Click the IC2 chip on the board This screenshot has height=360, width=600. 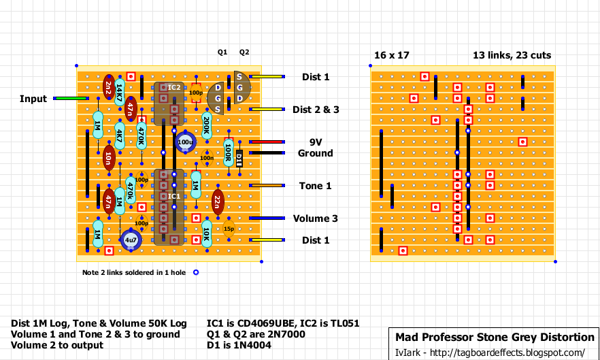[168, 103]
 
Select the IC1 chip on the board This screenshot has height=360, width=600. [168, 207]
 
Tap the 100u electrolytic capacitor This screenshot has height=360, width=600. [185, 142]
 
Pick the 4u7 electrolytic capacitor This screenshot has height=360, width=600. [130, 240]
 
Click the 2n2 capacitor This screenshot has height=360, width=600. [108, 87]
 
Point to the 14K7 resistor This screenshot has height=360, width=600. [119, 93]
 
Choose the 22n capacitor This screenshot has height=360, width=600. [217, 201]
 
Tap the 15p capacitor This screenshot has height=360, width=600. [228, 229]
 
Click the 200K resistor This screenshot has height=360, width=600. [206, 125]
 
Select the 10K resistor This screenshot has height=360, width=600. [206, 233]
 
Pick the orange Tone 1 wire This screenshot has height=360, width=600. [267, 186]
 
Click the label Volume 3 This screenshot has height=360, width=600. [316, 218]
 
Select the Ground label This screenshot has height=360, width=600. [316, 153]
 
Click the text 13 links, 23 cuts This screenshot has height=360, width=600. [512, 55]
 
